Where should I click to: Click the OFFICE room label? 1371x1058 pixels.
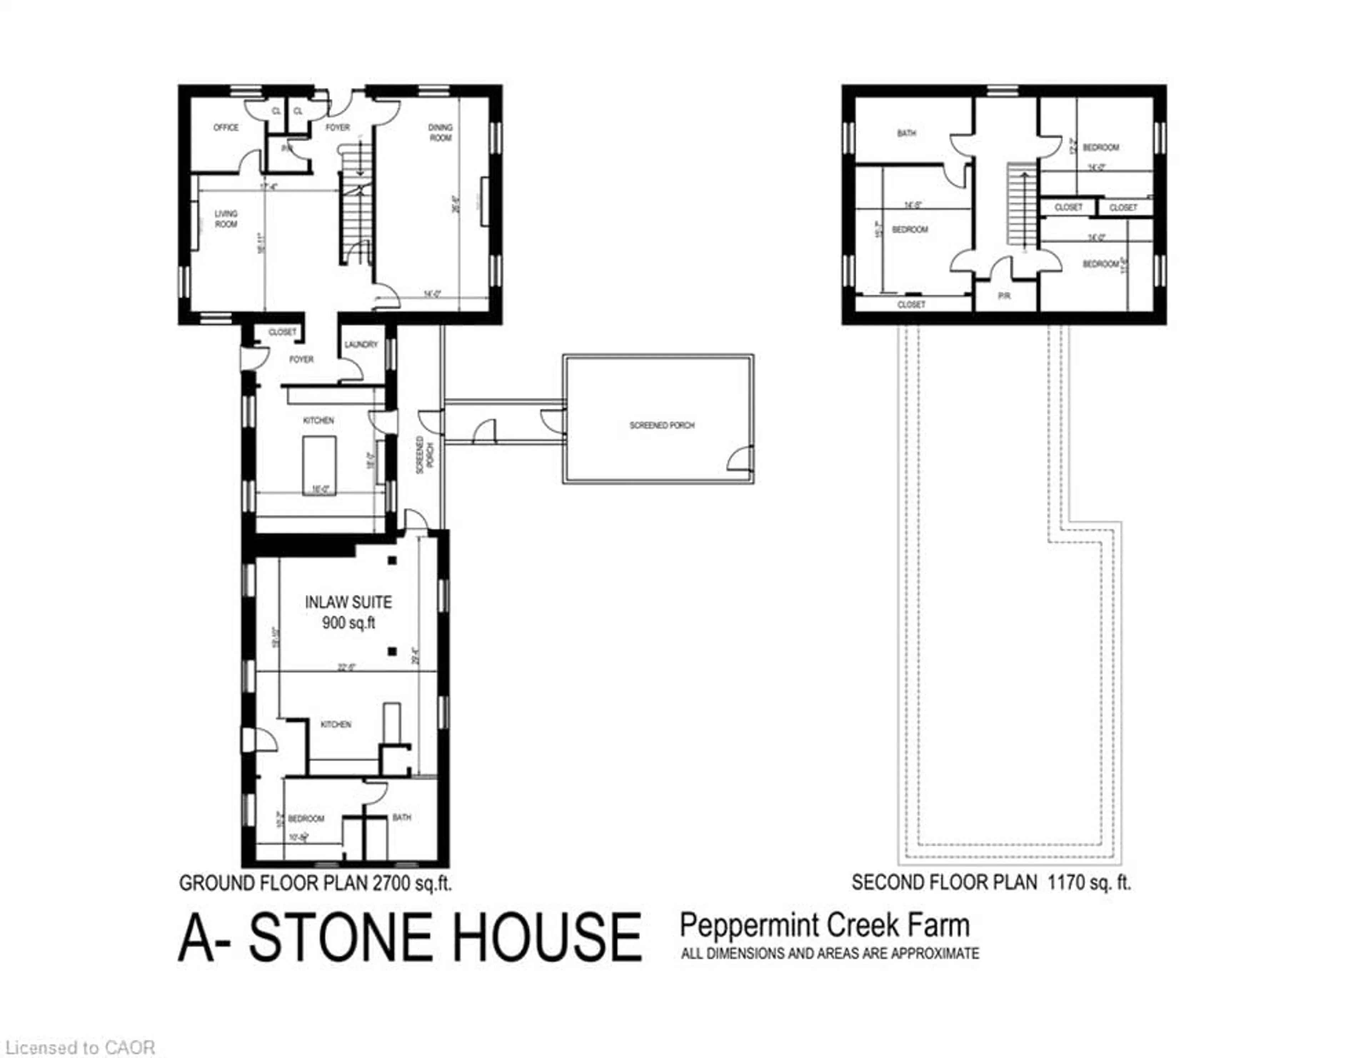[x=226, y=127]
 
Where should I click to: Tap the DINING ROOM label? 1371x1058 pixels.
[x=440, y=132]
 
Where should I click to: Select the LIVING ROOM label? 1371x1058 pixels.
[x=226, y=219]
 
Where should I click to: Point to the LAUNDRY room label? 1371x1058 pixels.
[x=361, y=344]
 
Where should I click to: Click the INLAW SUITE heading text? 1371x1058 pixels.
[x=348, y=603]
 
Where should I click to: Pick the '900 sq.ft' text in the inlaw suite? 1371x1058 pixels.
[x=348, y=623]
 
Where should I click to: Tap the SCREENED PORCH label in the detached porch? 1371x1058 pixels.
[x=662, y=425]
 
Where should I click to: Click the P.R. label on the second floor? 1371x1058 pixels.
[x=1004, y=296]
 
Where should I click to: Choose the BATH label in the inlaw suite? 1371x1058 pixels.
[x=402, y=818]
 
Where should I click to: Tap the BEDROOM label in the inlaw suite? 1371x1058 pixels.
[x=306, y=819]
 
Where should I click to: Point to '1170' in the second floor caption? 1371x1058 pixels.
[x=1066, y=883]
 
